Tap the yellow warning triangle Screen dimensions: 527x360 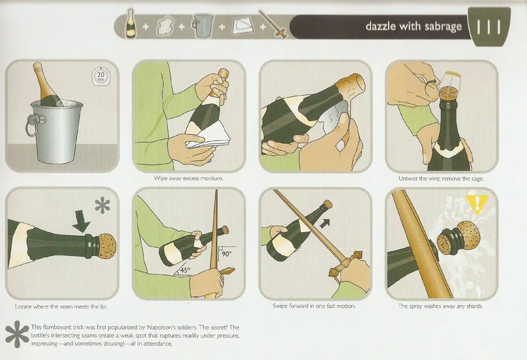(477, 202)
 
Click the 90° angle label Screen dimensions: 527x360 (227, 254)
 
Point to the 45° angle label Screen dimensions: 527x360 (185, 270)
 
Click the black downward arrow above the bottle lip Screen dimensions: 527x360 (81, 222)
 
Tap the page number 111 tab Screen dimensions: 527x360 (489, 27)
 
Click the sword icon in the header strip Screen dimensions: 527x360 (273, 24)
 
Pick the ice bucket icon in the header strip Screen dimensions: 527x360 (203, 25)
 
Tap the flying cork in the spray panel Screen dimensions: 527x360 (459, 238)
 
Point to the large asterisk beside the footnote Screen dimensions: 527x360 (17, 334)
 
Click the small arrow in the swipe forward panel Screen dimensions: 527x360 (324, 224)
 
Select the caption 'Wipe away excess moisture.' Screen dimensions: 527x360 (188, 178)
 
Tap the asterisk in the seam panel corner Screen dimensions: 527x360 (102, 205)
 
